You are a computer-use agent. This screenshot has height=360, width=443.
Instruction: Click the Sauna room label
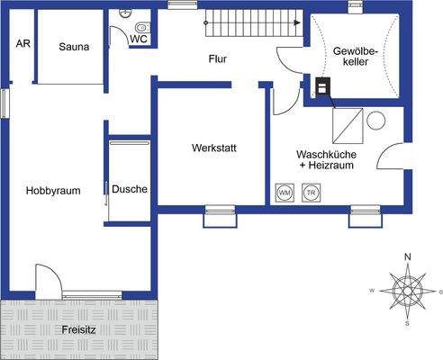coord(74,47)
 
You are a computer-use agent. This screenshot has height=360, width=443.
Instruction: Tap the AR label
coord(23,43)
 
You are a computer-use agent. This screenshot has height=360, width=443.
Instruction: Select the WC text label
coord(139,39)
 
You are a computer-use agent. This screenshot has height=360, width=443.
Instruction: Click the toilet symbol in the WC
coord(143,28)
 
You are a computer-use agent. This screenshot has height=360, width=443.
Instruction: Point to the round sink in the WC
coord(124,13)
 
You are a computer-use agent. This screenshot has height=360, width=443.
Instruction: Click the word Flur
coord(218,58)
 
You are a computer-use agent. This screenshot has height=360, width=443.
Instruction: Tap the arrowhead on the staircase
coord(297,22)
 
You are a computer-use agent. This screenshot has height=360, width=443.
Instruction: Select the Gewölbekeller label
coord(356,57)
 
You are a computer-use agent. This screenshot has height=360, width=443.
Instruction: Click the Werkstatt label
coord(214,148)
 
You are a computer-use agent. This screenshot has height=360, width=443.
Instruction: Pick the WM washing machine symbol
coord(285,193)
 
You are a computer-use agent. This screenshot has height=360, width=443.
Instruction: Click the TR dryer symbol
coord(312,193)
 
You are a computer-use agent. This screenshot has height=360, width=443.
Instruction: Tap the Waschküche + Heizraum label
coord(327,159)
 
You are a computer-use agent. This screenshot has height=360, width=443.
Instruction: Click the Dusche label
coord(130,189)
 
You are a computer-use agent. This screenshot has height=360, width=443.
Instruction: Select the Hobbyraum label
coord(53,191)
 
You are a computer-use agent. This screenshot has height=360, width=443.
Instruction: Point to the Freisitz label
coord(78,330)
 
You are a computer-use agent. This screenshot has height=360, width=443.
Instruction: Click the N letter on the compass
coord(408,257)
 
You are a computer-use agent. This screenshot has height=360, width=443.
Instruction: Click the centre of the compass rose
coord(407,291)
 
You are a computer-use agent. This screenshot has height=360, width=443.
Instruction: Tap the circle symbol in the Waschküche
coord(375,121)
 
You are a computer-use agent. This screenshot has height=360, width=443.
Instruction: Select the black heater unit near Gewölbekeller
coord(323,86)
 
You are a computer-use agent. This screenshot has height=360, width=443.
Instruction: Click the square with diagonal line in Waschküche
coord(348,126)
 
